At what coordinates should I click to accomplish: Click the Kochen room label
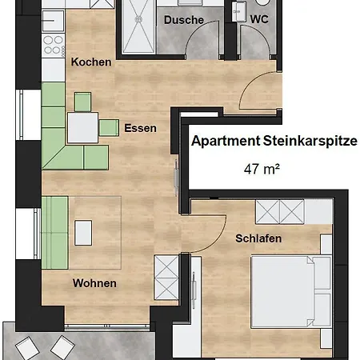(91, 62)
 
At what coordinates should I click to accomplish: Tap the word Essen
(141, 128)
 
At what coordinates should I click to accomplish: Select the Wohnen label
(94, 283)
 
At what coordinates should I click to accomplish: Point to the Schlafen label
(258, 238)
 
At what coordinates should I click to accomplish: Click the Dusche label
(184, 20)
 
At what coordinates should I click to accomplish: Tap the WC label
(259, 19)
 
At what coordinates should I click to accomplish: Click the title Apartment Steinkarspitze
(274, 141)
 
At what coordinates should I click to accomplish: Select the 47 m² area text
(262, 169)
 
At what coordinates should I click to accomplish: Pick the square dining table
(82, 127)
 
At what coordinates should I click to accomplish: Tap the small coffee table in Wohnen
(83, 233)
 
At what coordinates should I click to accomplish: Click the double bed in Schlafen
(291, 292)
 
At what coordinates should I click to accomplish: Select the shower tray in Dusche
(138, 26)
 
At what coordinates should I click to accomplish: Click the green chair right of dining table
(109, 128)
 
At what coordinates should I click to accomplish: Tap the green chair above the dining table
(82, 102)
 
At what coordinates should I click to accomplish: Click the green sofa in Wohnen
(55, 233)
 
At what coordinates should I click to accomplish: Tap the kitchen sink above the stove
(54, 21)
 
